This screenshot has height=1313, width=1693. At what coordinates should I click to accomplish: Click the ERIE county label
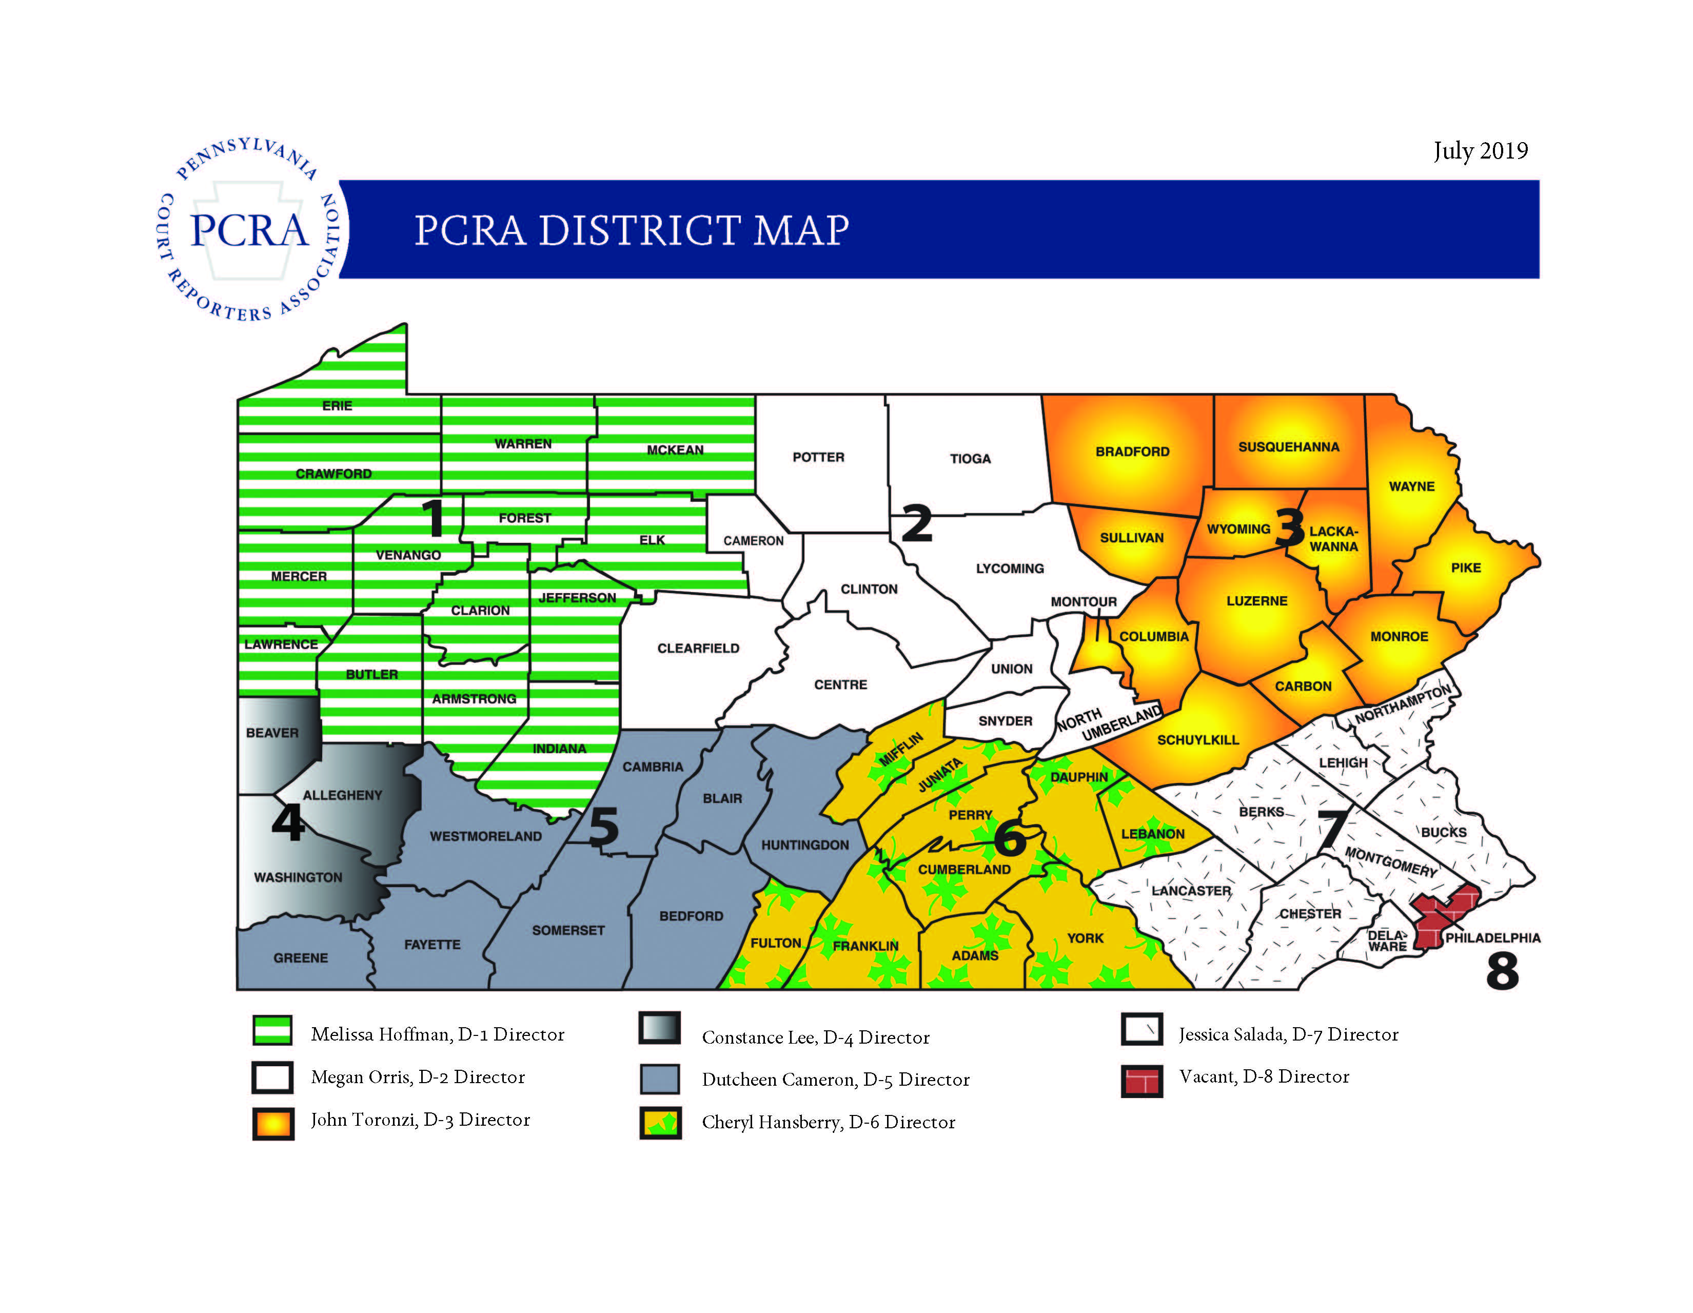337,405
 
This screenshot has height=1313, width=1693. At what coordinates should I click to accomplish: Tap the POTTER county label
818,457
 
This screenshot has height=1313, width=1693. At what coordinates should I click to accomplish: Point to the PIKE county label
1466,567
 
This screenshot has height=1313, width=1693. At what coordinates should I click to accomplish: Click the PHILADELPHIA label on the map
1492,938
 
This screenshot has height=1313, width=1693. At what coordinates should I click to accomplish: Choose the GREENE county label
301,958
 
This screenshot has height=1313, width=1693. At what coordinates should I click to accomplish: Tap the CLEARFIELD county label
698,648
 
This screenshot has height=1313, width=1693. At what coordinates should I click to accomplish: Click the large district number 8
1502,972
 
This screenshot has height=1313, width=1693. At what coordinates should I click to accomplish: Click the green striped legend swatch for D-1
272,1031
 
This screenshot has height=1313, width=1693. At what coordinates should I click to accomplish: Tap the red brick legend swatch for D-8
1141,1081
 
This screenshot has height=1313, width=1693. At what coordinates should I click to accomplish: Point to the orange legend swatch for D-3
273,1123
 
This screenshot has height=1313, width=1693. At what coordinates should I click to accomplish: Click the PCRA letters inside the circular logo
250,230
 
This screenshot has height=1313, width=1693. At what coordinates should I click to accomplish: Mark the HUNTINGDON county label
804,845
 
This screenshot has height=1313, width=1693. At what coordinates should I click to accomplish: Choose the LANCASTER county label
1191,891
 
